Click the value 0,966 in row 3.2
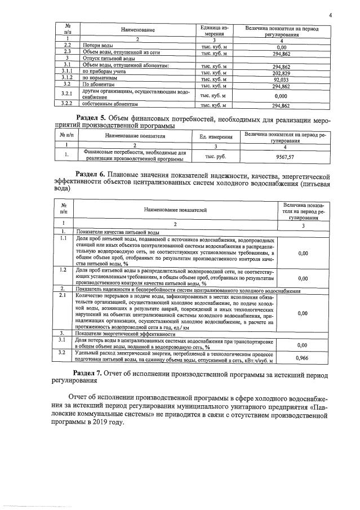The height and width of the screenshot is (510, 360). pos(302,357)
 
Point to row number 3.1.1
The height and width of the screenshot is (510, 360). pos(67,73)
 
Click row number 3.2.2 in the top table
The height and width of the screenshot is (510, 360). pos(67,105)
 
